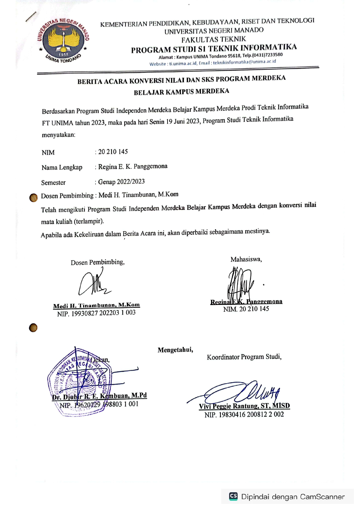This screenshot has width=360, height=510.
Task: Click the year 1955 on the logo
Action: point(63,54)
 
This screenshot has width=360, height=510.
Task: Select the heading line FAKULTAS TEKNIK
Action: point(214,39)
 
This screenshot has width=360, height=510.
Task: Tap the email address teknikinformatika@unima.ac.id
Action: point(244,62)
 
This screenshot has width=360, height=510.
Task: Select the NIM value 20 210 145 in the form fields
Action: point(113,152)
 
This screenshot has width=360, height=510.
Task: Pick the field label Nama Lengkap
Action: point(62,167)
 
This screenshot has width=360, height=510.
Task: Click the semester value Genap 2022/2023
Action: point(121,182)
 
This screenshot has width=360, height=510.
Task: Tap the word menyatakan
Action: point(58,135)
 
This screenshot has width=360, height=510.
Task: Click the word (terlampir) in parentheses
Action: point(89,221)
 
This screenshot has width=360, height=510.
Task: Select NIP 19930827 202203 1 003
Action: point(96,313)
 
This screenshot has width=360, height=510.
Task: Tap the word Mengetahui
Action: point(175,350)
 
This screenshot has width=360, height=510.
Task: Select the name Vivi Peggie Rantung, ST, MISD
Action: point(244,406)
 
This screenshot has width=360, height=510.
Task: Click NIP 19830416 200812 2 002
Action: point(244,415)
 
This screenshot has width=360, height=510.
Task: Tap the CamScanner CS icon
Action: point(233,496)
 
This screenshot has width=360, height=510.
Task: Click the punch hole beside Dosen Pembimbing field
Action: point(33,198)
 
